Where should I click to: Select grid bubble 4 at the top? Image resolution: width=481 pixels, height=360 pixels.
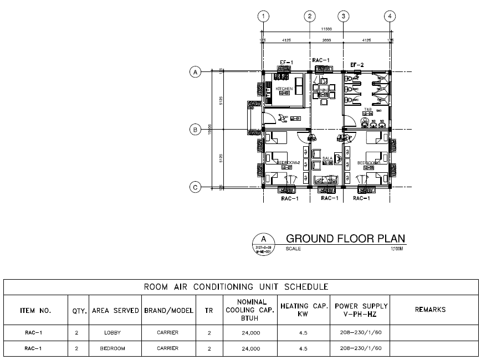391,16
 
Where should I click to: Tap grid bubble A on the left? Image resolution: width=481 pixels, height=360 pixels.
195,71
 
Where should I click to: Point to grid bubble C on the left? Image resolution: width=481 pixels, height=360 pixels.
195,187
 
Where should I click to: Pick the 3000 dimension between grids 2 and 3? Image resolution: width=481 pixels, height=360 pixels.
327,40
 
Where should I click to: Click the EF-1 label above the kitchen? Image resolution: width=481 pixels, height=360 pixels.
286,63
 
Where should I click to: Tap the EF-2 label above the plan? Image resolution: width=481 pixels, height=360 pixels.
357,65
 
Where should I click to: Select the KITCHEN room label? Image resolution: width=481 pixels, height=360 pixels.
284,89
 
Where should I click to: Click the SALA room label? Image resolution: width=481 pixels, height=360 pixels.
328,158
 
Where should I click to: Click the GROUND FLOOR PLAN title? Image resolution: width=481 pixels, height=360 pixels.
345,239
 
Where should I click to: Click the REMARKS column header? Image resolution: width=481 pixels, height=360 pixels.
430,310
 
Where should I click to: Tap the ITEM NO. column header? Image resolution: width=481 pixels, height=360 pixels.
35,310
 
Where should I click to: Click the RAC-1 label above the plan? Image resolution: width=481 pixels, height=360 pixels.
321,60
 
